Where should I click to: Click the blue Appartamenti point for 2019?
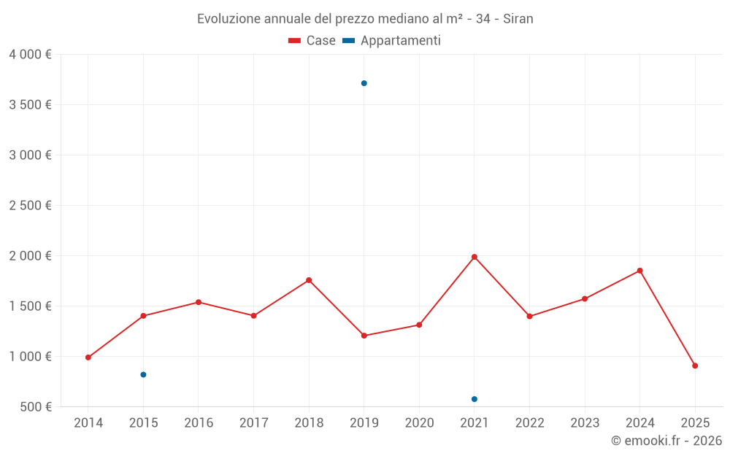coord(364,83)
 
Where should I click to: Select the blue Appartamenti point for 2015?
coord(143,374)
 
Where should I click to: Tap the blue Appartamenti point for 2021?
coord(474,399)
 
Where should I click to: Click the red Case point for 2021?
coord(474,257)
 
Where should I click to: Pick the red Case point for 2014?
coord(88,358)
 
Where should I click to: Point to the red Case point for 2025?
coord(695,366)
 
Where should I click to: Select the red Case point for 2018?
coord(309,280)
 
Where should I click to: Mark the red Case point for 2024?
coord(639,271)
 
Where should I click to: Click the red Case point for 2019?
coord(364,336)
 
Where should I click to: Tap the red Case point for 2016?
coord(199,302)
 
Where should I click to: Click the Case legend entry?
coord(312,41)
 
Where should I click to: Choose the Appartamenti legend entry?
coord(392,41)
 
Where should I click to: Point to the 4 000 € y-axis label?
coord(30,55)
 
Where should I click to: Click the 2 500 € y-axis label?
coord(30,206)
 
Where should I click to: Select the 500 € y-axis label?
coord(34,407)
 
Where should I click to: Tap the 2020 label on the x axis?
coord(419,423)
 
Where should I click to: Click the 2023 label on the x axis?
coord(585,423)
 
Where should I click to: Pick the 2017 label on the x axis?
coord(253,423)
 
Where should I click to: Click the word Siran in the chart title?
coord(518,19)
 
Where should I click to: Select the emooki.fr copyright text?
coord(666,441)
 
